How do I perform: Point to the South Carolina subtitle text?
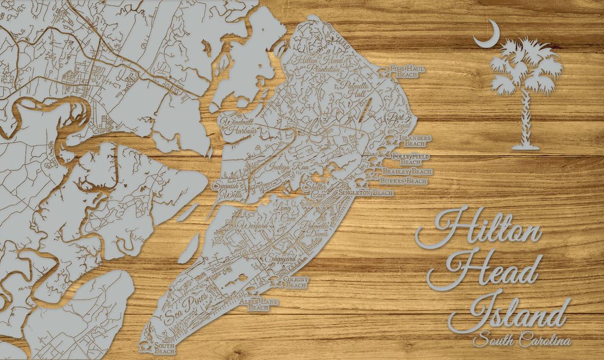click(521, 339)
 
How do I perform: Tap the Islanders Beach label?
click(417, 140)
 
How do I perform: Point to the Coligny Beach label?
click(296, 282)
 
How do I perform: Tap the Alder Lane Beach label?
click(259, 305)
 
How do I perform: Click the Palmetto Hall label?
click(353, 90)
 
